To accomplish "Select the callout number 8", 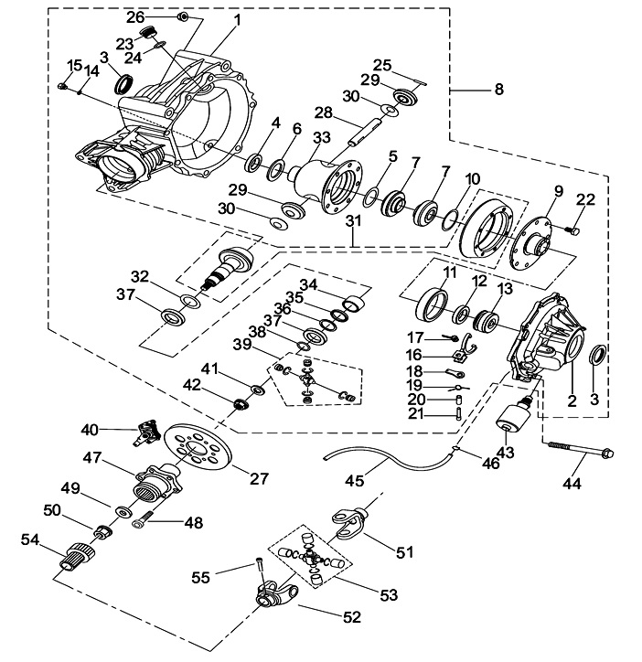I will [498, 90].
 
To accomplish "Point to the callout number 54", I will [30, 542].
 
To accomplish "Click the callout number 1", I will [237, 19].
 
